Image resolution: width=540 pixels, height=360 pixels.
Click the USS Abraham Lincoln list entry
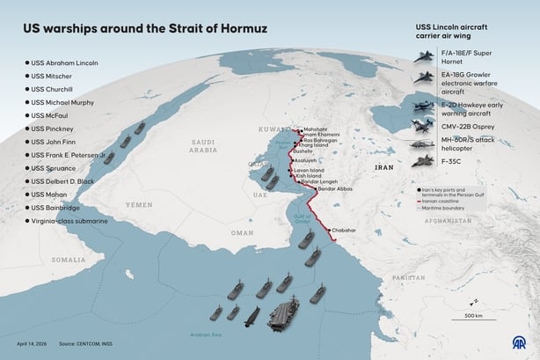pos(63,62)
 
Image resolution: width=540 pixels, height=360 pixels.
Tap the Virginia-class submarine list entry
pos(69,221)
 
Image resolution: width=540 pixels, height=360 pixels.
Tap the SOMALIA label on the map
pos(68,261)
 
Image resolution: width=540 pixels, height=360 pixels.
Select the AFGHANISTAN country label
pos(449,222)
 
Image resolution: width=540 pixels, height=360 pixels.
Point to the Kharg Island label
pos(314,145)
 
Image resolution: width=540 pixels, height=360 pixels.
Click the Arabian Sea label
pos(205,334)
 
